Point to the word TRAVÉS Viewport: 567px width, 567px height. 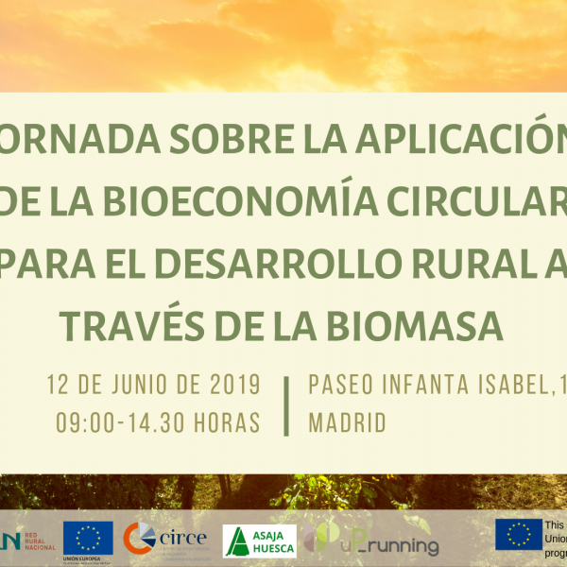pyautogui.click(x=133, y=325)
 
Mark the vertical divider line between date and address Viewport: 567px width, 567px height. pyautogui.click(x=286, y=404)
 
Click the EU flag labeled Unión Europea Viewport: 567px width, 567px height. pyautogui.click(x=88, y=538)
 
